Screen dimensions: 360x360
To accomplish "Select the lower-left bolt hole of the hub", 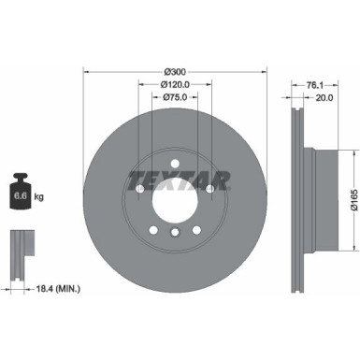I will [151, 231].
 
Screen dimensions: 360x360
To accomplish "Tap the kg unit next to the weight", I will [37, 198].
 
